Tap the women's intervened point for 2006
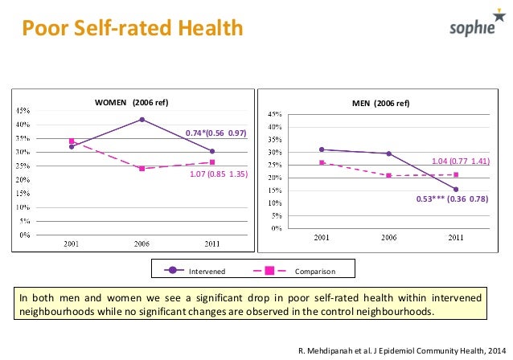[x=142, y=120]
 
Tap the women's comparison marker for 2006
[x=142, y=169]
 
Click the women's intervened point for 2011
[x=212, y=151]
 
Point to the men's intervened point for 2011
[x=455, y=189]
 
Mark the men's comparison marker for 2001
[x=322, y=163]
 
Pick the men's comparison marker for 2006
[x=388, y=175]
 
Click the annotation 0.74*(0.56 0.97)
[x=215, y=133]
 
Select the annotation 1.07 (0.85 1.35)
[x=215, y=174]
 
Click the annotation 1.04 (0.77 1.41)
[x=460, y=162]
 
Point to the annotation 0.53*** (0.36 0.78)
[x=452, y=198]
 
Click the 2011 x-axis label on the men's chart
[x=455, y=238]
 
